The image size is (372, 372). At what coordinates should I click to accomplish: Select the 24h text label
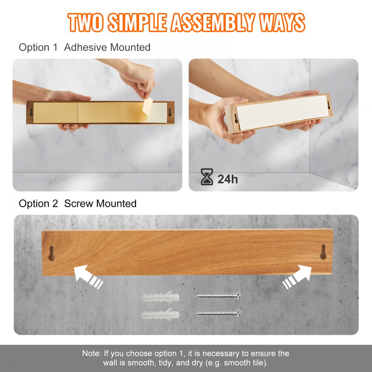(x=227, y=179)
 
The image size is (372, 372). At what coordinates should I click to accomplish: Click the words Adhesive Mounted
(x=107, y=48)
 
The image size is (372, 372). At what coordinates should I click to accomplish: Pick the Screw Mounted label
(x=100, y=204)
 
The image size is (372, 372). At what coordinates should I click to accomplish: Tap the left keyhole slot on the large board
(x=52, y=253)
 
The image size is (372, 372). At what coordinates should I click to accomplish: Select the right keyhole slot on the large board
(x=323, y=251)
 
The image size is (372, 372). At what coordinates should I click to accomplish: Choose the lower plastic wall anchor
(x=160, y=315)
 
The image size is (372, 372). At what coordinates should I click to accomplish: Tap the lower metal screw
(x=217, y=313)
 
